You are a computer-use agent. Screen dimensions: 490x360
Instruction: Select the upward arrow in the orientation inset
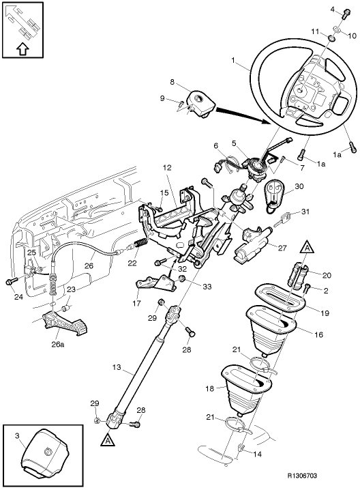(22, 48)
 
